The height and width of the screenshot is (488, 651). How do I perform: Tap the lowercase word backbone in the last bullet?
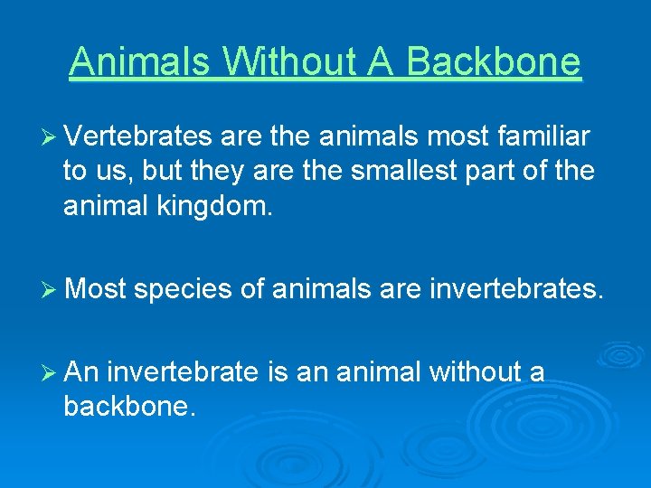[x=128, y=407]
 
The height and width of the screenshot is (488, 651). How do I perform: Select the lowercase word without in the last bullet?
[x=472, y=371]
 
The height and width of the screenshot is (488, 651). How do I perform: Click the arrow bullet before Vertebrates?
[x=50, y=137]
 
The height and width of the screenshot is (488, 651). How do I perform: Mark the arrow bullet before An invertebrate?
[x=50, y=372]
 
